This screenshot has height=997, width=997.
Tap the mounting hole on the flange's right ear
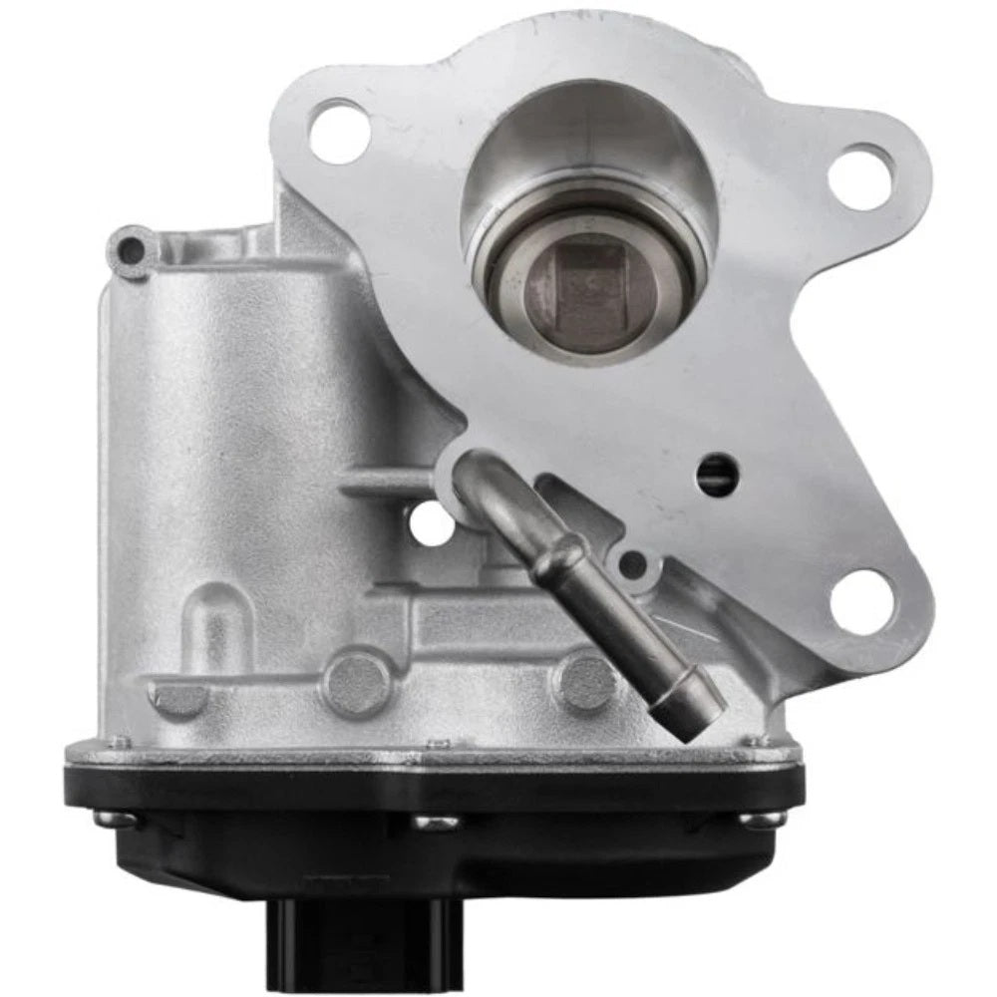[859, 176]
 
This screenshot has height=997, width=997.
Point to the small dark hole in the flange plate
[715, 469]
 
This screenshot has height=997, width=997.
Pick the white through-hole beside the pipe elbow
[432, 524]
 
